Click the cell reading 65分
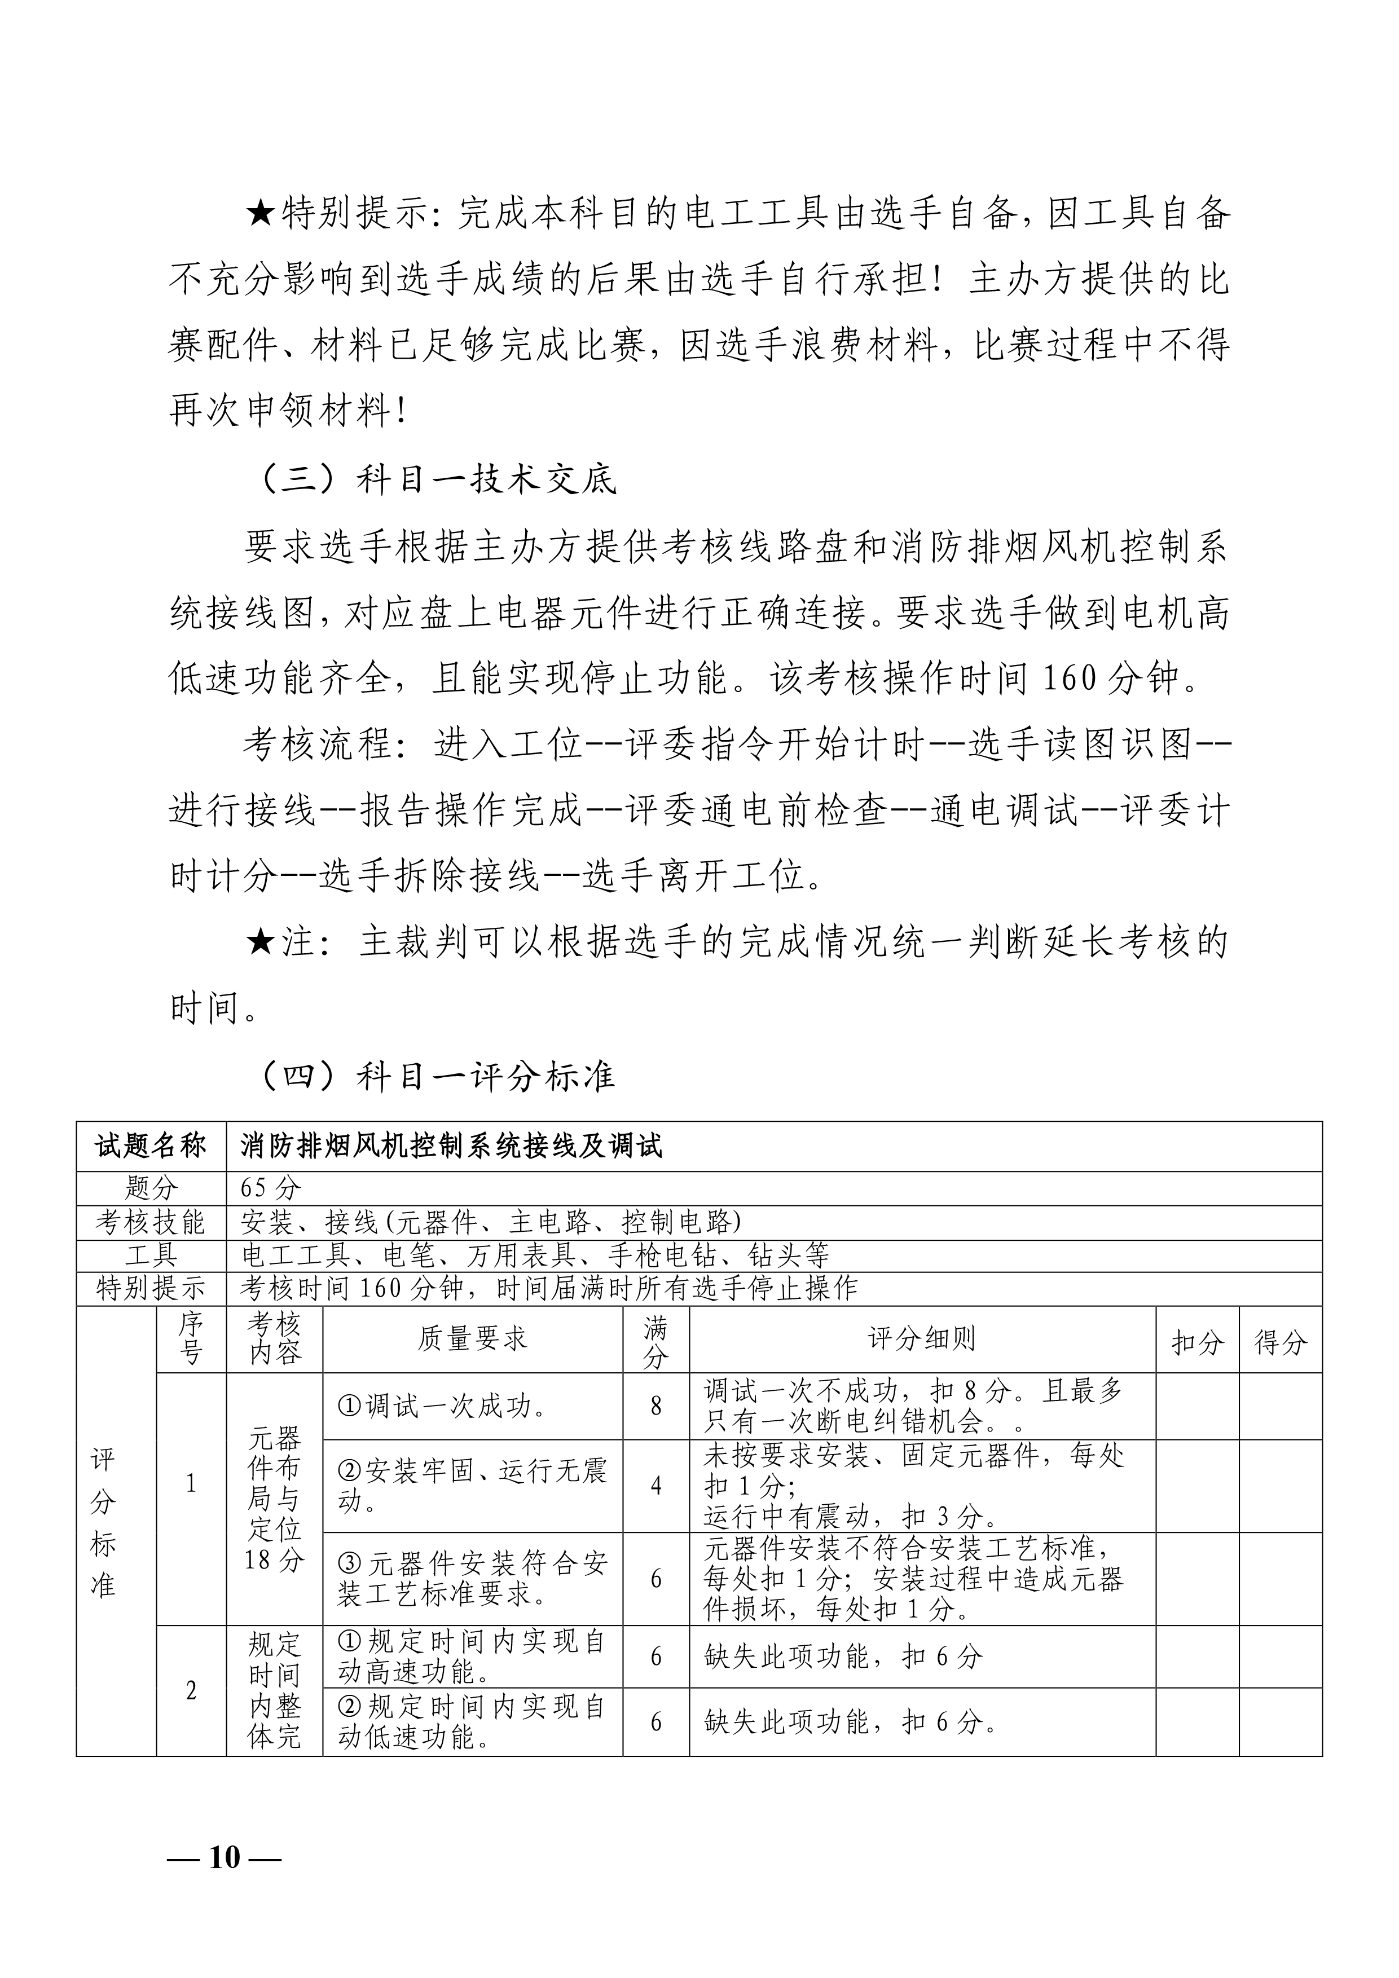pyautogui.click(x=271, y=1188)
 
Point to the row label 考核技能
pyautogui.click(x=151, y=1222)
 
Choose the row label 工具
pyautogui.click(x=151, y=1255)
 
